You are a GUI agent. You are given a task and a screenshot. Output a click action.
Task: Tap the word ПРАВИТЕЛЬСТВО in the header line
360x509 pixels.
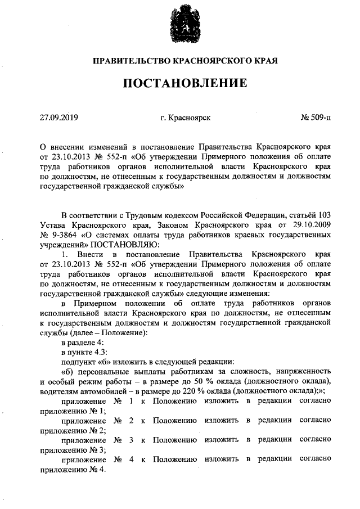[127, 60]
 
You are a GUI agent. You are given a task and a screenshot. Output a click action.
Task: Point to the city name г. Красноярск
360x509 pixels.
[185, 118]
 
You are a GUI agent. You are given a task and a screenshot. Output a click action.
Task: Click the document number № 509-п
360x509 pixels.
[316, 118]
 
